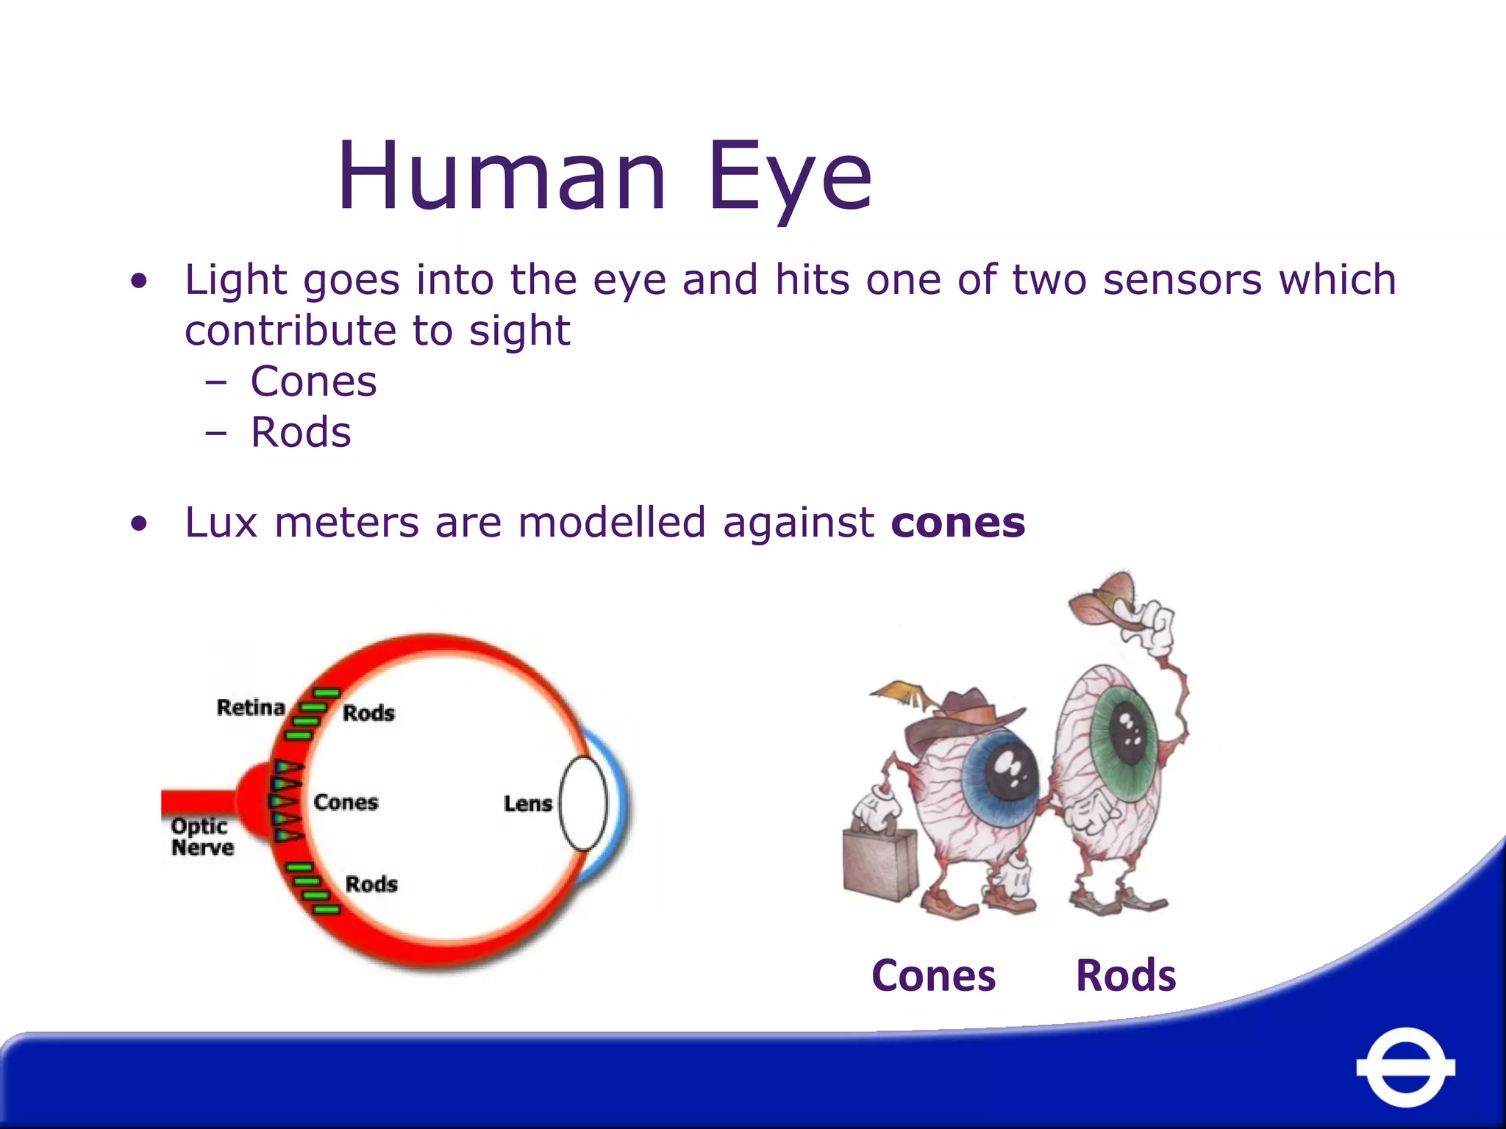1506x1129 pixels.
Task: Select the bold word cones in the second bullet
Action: click(x=957, y=523)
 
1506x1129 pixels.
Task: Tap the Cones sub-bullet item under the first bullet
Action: click(x=313, y=381)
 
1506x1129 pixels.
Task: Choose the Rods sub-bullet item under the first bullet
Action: click(x=301, y=432)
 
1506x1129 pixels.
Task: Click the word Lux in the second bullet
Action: click(x=221, y=523)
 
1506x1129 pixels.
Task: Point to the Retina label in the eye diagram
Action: click(x=251, y=707)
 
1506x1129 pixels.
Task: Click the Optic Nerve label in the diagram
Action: click(x=202, y=836)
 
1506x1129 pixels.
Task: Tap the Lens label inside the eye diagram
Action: click(x=527, y=803)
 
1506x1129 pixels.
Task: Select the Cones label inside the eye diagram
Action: click(x=346, y=802)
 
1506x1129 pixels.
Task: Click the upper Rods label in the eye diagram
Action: click(x=368, y=712)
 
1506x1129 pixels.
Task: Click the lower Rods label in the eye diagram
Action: click(x=371, y=884)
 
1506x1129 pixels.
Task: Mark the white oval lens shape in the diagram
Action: click(x=583, y=803)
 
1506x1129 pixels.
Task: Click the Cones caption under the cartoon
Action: click(x=933, y=975)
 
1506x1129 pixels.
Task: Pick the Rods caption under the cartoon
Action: click(x=1126, y=975)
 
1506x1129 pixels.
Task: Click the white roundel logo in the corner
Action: click(x=1405, y=1067)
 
